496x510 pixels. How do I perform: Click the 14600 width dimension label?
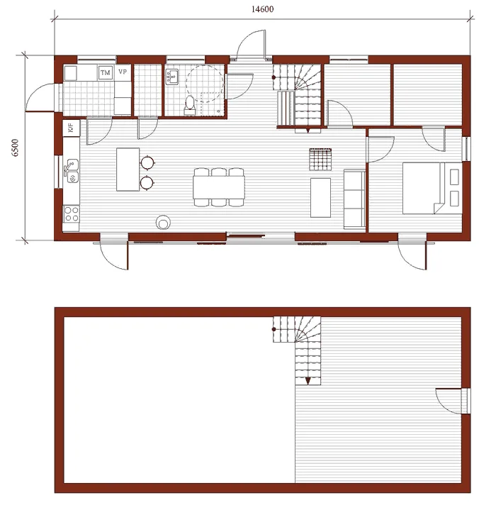pos(262,9)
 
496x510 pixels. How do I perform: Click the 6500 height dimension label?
pos(16,148)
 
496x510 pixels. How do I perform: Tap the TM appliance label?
pos(106,72)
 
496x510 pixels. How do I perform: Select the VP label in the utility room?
pos(123,72)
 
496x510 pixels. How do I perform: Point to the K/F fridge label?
pos(71,128)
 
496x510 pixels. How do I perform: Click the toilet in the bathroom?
pos(190,105)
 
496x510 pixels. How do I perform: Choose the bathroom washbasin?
pos(171,77)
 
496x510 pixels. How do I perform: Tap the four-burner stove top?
pos(71,214)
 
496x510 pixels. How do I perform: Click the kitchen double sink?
pos(72,171)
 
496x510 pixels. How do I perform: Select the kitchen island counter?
pos(128,170)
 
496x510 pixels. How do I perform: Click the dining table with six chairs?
pos(219,187)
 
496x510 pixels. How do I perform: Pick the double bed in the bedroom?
pos(432,188)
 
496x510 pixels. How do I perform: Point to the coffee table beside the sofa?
pos(320,197)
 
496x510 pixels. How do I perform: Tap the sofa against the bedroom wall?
pos(354,199)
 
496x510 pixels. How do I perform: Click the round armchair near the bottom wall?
pos(163,222)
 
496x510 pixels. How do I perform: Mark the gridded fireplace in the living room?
pos(320,160)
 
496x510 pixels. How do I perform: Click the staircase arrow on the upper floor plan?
pos(308,381)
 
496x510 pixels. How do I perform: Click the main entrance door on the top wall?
pos(251,45)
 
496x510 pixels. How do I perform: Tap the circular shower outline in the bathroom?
pos(205,83)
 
